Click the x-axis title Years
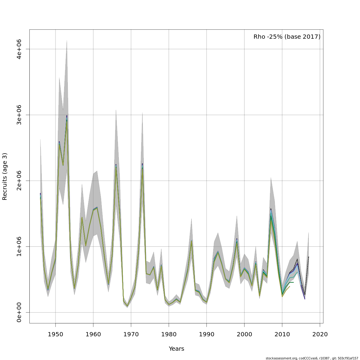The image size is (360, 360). pyautogui.click(x=176, y=349)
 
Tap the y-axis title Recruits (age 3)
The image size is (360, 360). pyautogui.click(x=5, y=176)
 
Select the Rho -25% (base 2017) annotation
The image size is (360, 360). pyautogui.click(x=287, y=37)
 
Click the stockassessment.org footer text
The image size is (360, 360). pyautogui.click(x=312, y=358)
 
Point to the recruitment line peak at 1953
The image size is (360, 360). pyautogui.click(x=67, y=116)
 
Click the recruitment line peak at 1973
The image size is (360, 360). pyautogui.click(x=142, y=164)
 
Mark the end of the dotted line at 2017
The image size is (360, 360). pyautogui.click(x=308, y=257)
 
